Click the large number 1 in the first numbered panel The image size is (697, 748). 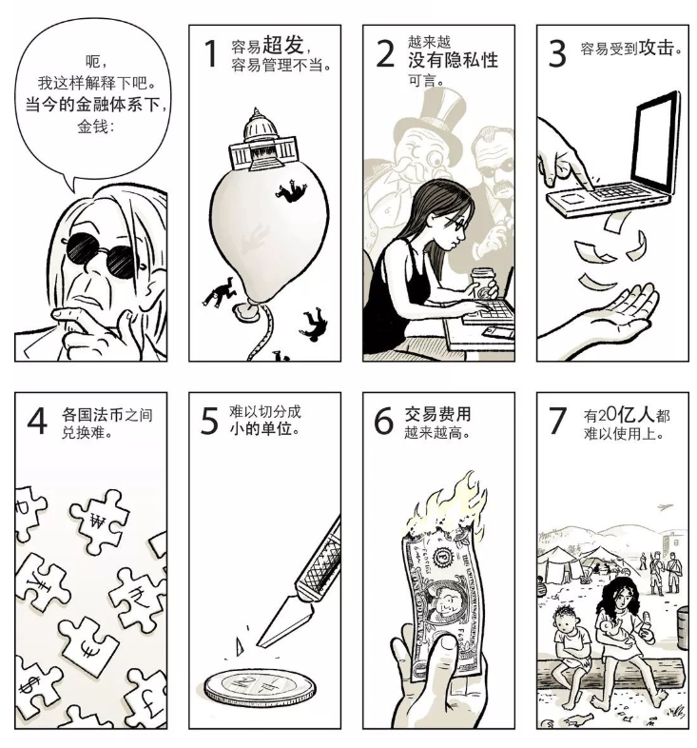coord(211,54)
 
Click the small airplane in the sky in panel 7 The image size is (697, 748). coord(660,506)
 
